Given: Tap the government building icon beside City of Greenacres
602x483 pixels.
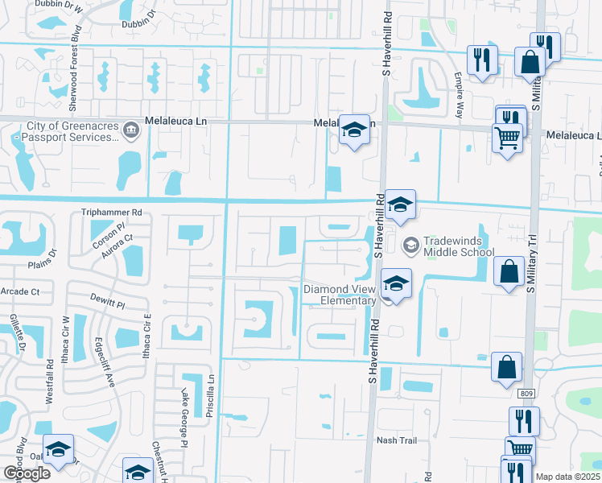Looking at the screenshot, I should pyautogui.click(x=130, y=127).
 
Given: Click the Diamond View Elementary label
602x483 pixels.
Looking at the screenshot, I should pyautogui.click(x=340, y=295).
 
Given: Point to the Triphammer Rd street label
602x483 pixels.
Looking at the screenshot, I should pyautogui.click(x=111, y=213).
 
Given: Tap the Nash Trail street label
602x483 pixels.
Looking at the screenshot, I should pyautogui.click(x=397, y=440).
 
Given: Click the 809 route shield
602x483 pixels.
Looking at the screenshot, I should pyautogui.click(x=526, y=394).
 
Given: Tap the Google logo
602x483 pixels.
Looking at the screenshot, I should pyautogui.click(x=27, y=473).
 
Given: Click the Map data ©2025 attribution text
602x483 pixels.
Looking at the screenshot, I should pyautogui.click(x=568, y=477).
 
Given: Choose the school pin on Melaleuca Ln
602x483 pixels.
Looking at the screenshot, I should pyautogui.click(x=353, y=132).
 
